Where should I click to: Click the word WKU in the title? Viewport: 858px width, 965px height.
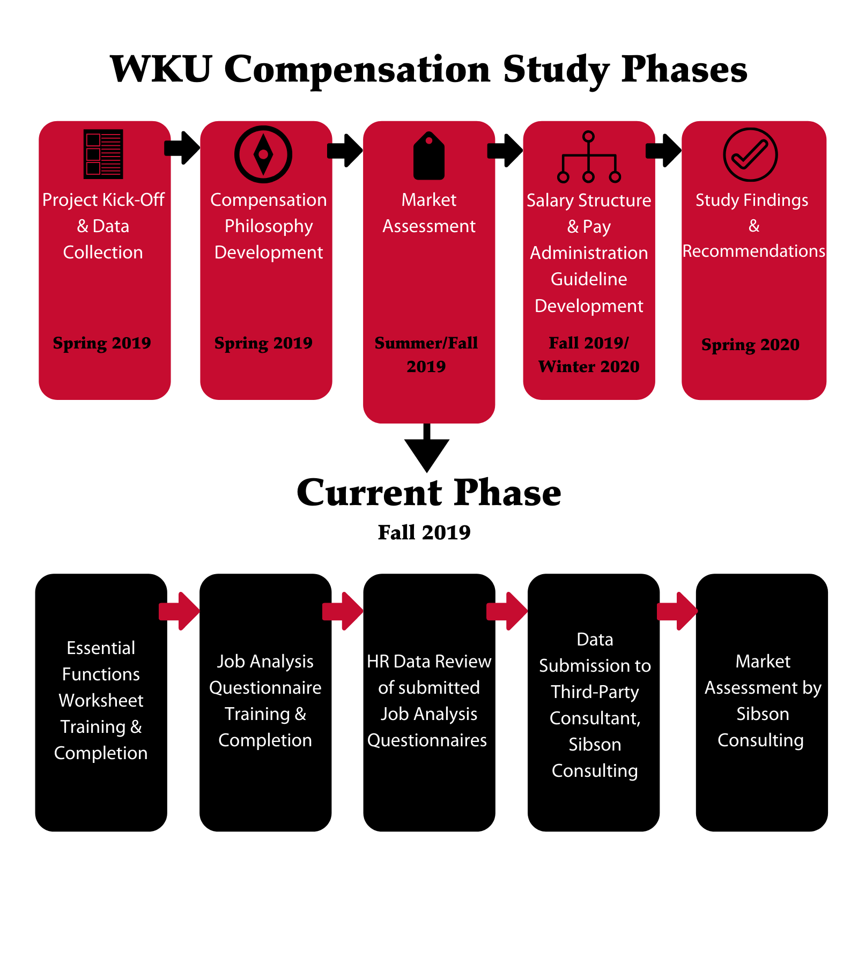click(161, 69)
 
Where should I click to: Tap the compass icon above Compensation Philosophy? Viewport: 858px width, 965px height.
click(263, 154)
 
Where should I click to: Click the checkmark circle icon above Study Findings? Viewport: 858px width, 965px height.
click(750, 154)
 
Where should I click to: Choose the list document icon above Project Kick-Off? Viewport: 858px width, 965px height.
click(103, 154)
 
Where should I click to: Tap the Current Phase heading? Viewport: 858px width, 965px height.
click(429, 492)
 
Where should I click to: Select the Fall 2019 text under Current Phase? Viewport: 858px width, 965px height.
click(424, 532)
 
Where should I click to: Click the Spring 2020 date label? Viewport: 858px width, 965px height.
click(750, 344)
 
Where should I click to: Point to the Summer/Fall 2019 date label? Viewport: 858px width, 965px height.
click(426, 354)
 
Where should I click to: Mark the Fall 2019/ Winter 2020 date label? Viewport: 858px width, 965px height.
click(589, 354)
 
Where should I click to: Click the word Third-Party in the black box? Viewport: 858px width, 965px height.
click(595, 692)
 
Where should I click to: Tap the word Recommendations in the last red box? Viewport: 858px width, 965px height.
click(753, 251)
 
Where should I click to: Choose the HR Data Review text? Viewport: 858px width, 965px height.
click(429, 662)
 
